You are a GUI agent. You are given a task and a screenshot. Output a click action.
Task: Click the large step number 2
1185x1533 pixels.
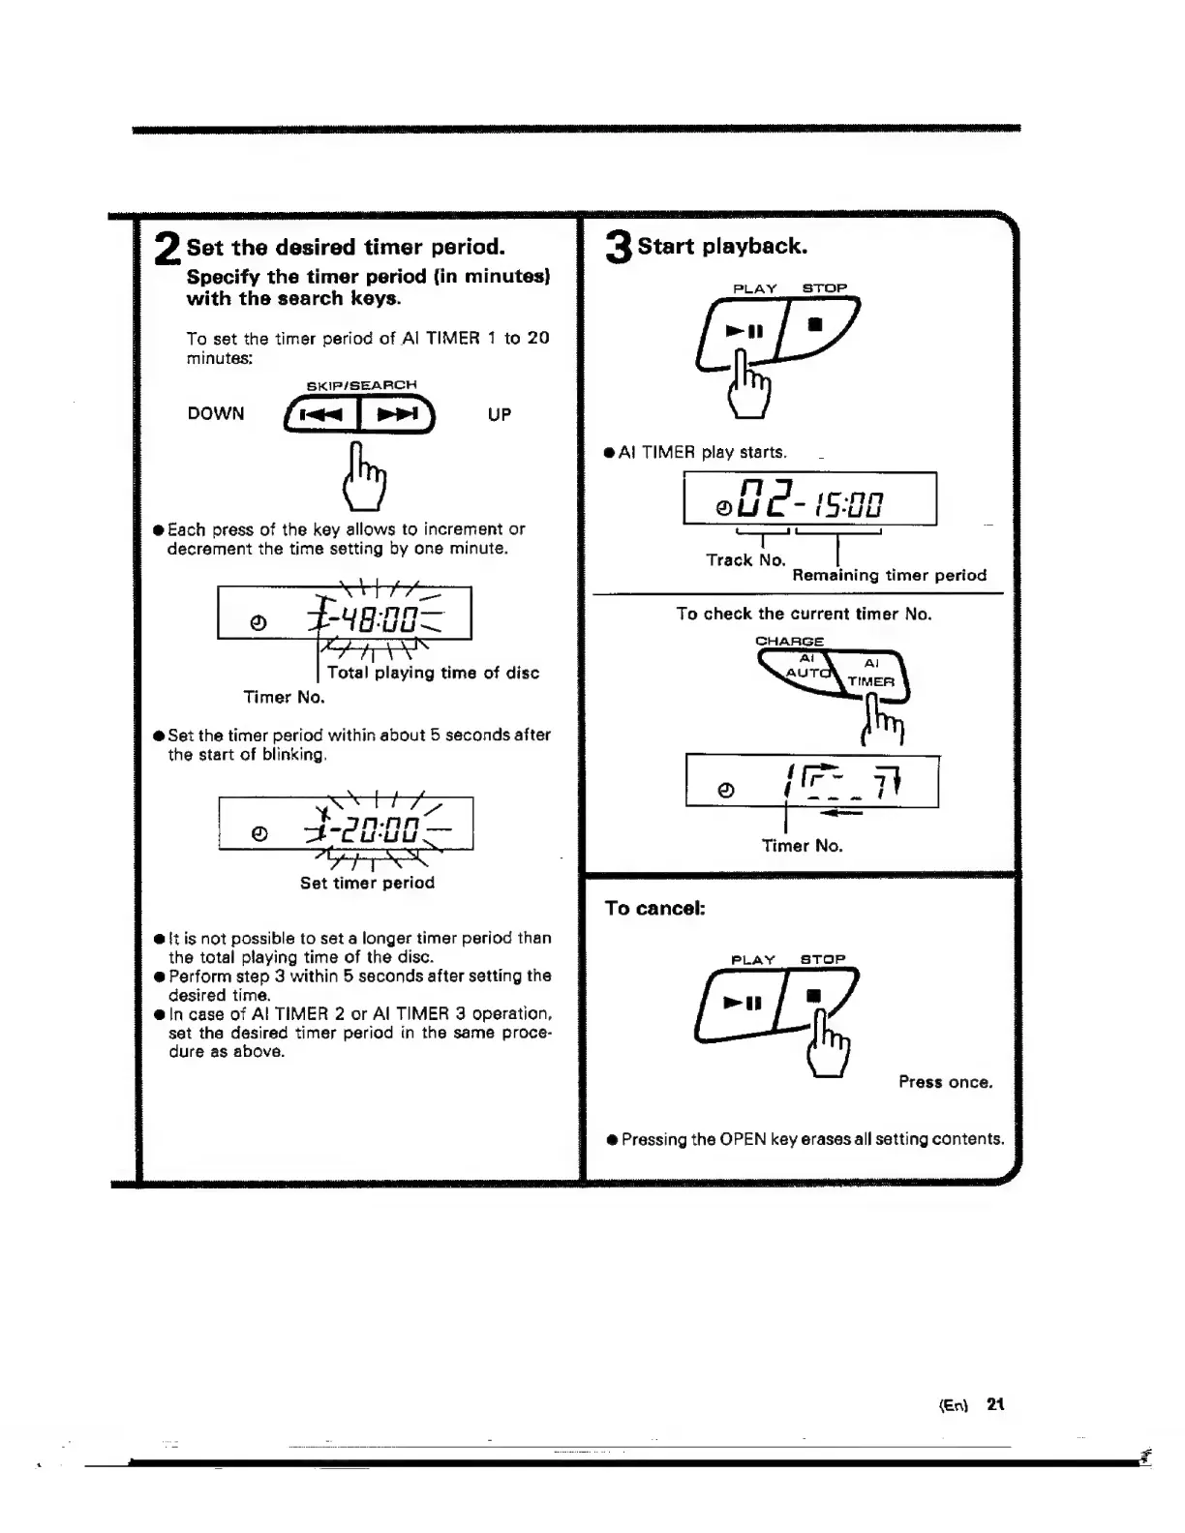pos(167,250)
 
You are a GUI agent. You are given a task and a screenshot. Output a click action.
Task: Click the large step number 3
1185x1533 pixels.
pos(618,248)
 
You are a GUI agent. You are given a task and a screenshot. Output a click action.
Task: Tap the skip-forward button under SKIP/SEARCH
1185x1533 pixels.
pos(396,416)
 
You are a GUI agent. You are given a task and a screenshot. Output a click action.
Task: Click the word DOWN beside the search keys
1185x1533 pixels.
pos(216,414)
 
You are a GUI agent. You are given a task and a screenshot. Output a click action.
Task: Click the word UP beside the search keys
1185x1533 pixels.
pos(500,415)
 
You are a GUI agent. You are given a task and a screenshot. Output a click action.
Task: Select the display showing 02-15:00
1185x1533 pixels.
pos(809,499)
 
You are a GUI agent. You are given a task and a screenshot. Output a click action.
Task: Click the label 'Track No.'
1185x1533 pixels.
pos(745,560)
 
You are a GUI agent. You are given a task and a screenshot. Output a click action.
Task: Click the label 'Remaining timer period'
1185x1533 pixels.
pos(889,576)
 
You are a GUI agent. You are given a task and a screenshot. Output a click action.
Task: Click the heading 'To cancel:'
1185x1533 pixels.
pos(654,909)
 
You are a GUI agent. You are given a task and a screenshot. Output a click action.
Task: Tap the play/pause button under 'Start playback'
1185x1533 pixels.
pos(745,331)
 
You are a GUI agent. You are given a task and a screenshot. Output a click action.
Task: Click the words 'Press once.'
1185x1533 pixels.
pos(945,1083)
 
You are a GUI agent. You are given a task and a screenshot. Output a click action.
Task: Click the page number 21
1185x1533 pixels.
pos(995,1404)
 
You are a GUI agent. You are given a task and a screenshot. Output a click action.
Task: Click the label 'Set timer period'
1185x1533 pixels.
pos(367,884)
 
